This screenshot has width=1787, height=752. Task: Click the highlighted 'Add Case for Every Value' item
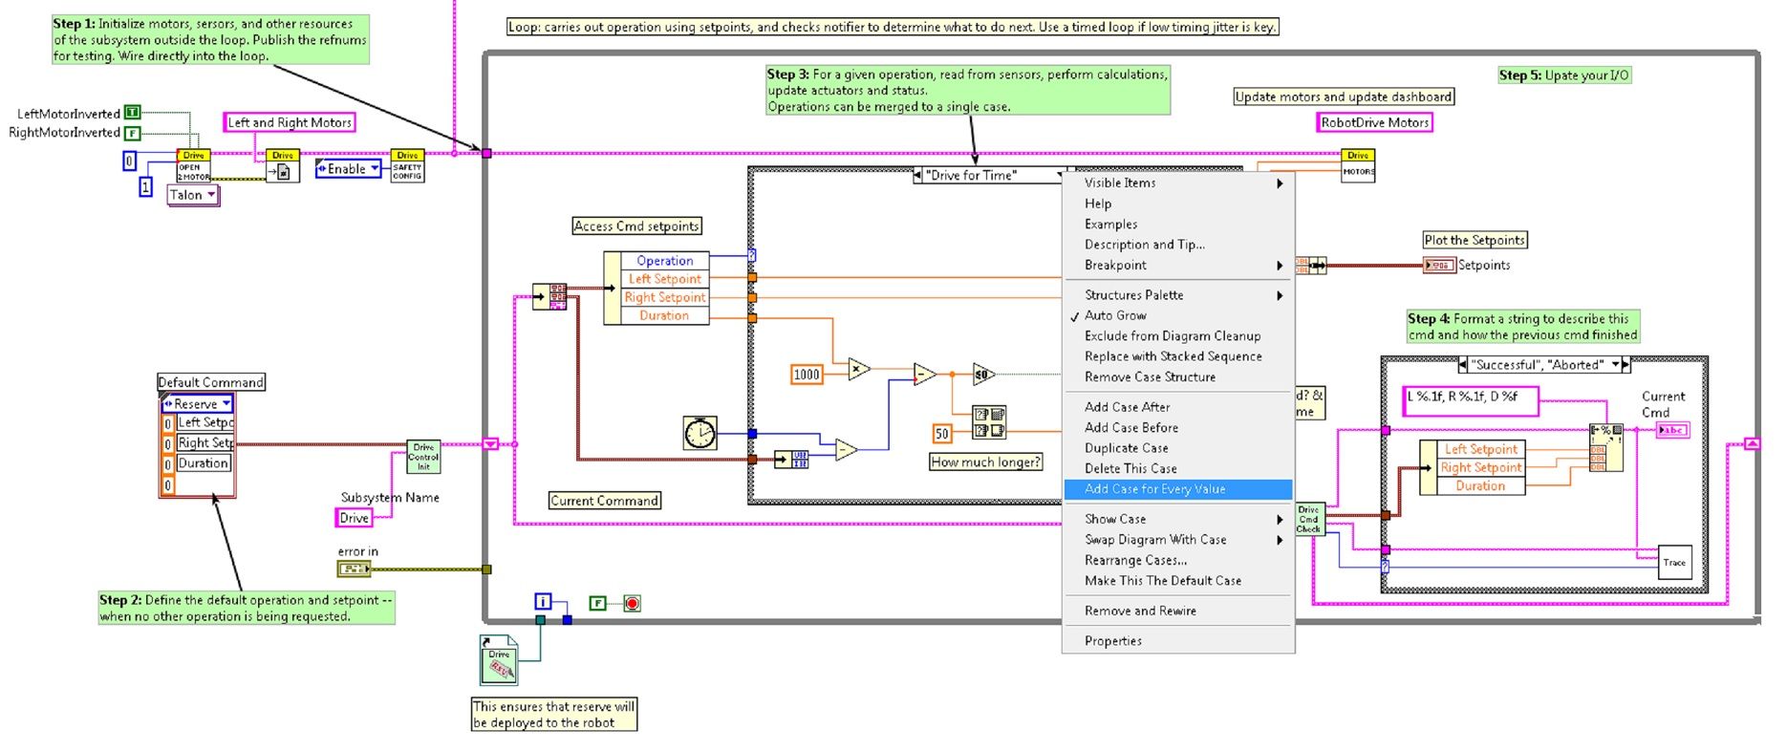coord(1154,489)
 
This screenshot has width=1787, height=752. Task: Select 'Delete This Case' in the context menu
coord(1130,468)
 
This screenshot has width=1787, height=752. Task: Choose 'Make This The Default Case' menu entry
coord(1163,581)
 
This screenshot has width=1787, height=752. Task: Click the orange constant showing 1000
coord(807,375)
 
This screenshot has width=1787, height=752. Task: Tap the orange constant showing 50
coord(942,434)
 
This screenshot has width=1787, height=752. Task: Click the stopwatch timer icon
coord(700,433)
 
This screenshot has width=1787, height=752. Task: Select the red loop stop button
coord(632,603)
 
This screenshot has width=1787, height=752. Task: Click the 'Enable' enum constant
coord(348,169)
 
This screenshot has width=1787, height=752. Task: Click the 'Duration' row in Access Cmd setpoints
coord(664,315)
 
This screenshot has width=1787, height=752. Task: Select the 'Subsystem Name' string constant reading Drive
coord(355,518)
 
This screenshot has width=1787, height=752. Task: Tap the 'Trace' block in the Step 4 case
coord(1674,563)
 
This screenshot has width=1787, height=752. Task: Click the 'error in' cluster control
coord(354,569)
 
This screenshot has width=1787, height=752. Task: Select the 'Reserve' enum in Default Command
coord(197,404)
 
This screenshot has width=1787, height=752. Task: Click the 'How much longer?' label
coord(985,462)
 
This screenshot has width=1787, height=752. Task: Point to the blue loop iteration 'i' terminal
coord(543,602)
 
